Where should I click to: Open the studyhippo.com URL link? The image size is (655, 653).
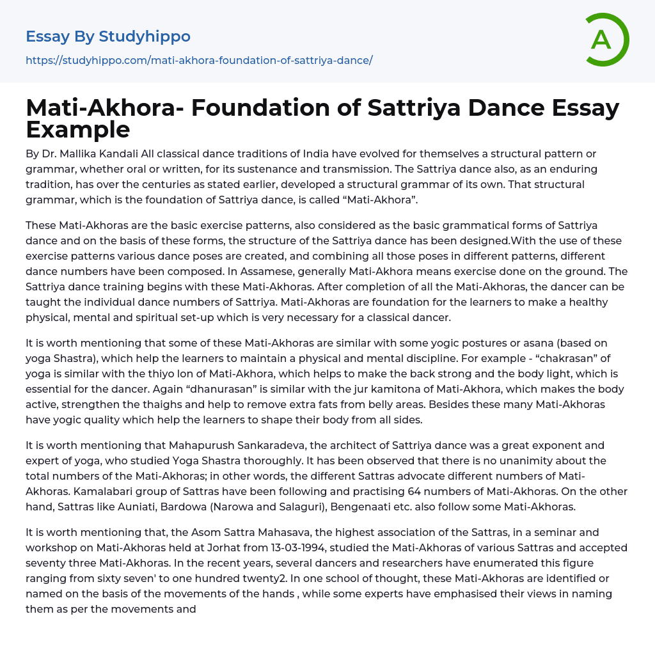(199, 61)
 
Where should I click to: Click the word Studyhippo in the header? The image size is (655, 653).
(145, 36)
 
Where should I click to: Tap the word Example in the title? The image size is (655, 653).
(78, 130)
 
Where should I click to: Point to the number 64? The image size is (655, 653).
(419, 492)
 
